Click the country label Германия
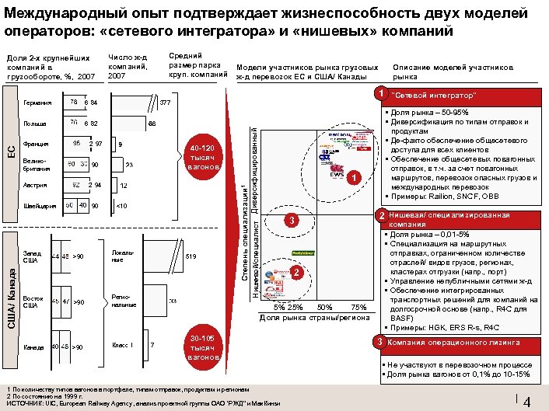click(37, 103)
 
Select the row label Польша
click(34, 124)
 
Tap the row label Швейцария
click(40, 206)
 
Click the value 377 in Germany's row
click(165, 103)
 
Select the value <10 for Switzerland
click(121, 206)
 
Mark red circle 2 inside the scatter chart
click(295, 272)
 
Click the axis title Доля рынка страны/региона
click(314, 317)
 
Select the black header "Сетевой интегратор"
click(435, 96)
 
